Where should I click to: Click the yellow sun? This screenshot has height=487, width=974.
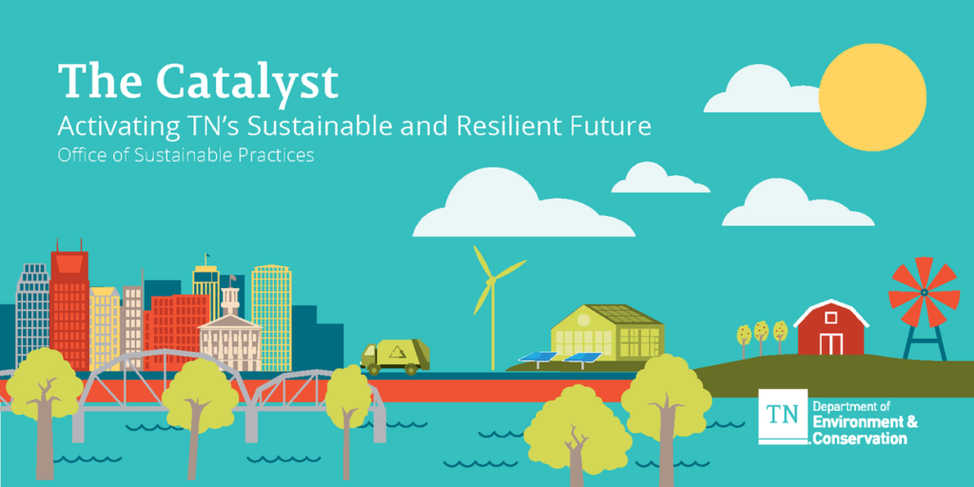(x=872, y=98)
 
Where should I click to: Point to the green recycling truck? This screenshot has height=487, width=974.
(x=395, y=357)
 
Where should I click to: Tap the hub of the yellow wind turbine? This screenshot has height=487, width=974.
(x=492, y=281)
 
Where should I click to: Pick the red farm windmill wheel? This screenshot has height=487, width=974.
(x=924, y=292)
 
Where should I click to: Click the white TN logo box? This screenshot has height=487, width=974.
(x=784, y=417)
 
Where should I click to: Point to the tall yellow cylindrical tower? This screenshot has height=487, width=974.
(x=271, y=317)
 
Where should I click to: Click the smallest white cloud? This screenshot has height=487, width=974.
(x=660, y=178)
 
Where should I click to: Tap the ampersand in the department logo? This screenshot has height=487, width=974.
(x=911, y=423)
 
